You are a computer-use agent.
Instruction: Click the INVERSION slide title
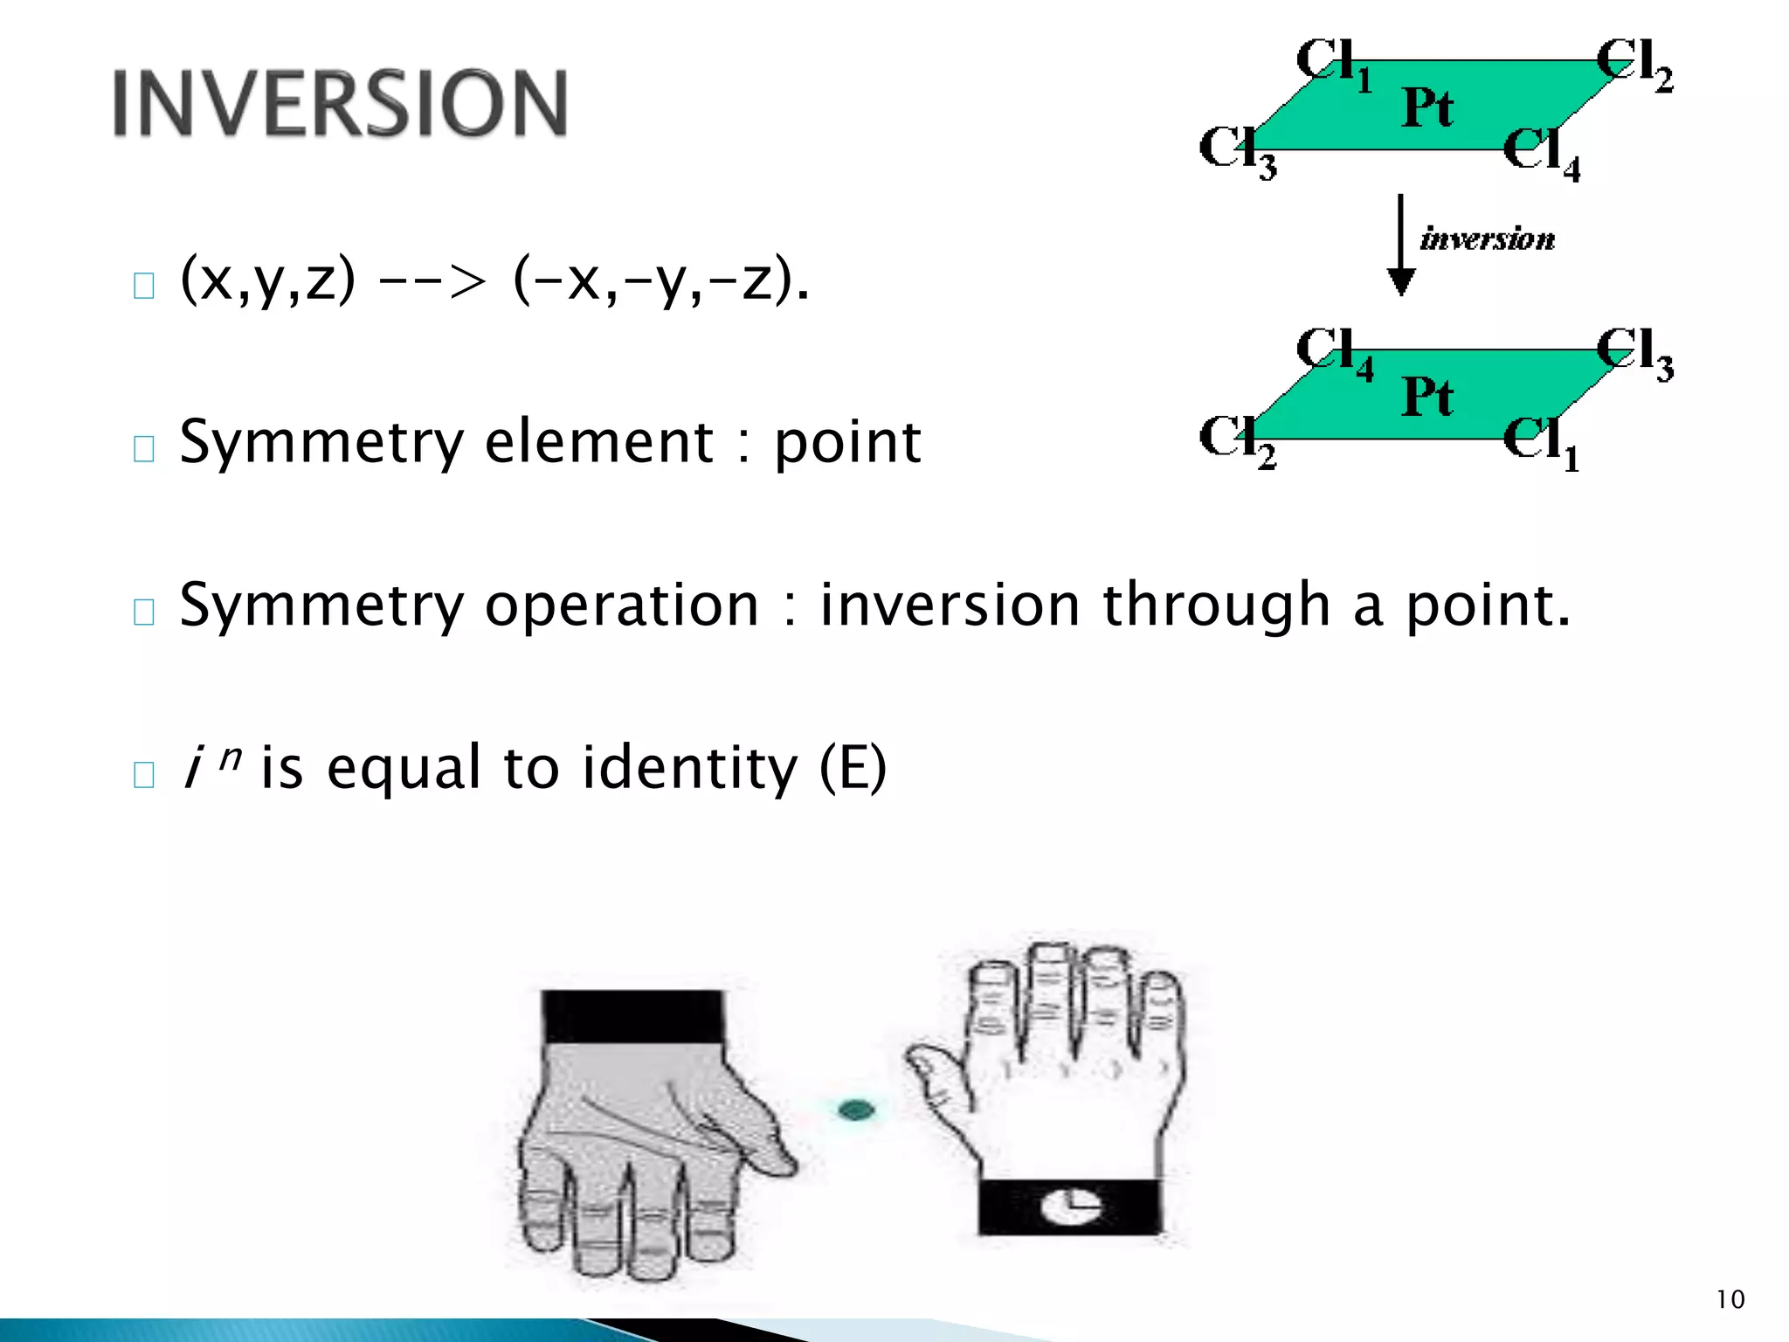click(340, 103)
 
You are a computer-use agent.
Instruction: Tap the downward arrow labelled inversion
click(1401, 246)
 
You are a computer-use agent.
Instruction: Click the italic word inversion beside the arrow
click(1487, 239)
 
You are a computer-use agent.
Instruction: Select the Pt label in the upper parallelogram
click(1427, 108)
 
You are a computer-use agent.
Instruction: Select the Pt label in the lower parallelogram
click(1427, 398)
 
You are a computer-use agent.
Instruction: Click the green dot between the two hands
click(856, 1110)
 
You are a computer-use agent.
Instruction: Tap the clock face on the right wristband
click(1071, 1207)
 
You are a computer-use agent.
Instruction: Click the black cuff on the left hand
click(632, 1016)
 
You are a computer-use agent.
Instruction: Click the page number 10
click(1730, 1299)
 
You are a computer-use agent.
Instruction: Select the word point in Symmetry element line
click(847, 443)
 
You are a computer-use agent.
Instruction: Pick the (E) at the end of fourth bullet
click(853, 768)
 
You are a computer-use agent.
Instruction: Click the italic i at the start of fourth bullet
click(191, 768)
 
